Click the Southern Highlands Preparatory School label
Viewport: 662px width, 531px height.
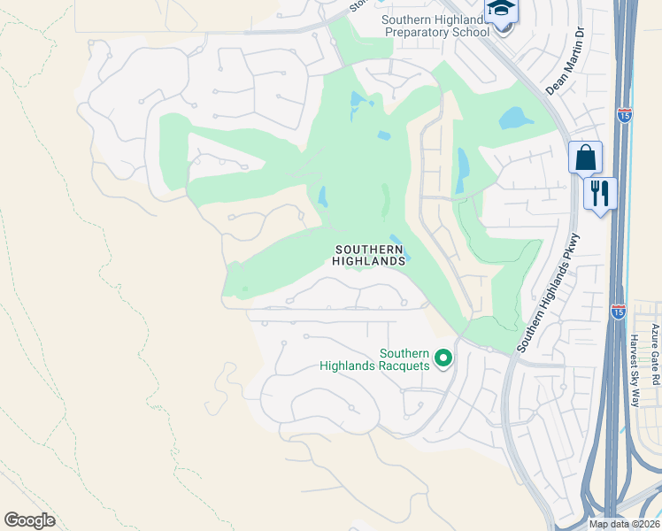[x=435, y=26]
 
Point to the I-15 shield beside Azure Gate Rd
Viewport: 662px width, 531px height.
[x=619, y=312]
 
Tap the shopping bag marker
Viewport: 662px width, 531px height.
[x=585, y=158]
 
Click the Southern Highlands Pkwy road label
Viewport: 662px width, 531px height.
[x=549, y=293]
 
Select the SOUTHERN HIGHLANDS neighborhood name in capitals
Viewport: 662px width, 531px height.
[x=369, y=255]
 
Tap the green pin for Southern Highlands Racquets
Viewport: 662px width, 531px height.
[x=444, y=358]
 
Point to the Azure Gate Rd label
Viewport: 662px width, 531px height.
[x=655, y=354]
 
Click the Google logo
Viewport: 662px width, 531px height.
[x=29, y=520]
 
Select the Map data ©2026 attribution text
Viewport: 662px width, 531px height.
[x=624, y=524]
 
